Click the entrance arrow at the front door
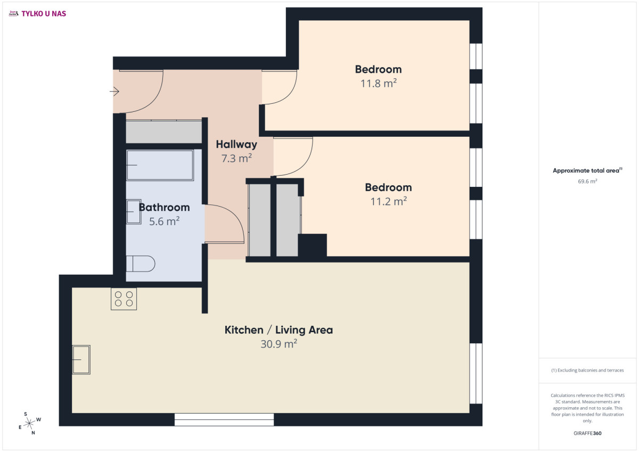114,91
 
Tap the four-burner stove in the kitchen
124,299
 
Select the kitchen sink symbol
81,359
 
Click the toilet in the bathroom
141,264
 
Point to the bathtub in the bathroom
160,165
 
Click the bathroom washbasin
134,211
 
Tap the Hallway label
236,145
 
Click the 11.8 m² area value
379,83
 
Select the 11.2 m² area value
389,201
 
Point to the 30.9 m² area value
278,343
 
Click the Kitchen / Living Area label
278,330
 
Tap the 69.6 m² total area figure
587,182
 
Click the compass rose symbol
30,423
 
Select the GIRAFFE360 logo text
587,433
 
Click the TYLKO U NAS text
44,14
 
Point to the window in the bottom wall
224,420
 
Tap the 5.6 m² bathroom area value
165,221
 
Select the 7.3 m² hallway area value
236,158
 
